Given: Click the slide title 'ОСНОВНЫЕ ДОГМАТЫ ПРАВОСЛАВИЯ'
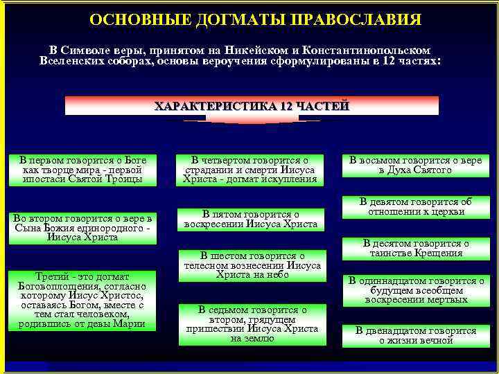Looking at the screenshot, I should point(254,19).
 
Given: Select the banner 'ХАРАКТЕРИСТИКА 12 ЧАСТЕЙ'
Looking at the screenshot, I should point(252,106).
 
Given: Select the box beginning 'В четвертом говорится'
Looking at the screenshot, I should point(249,170).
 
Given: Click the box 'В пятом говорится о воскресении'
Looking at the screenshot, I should point(249,220).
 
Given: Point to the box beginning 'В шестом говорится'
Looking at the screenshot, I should point(249,265).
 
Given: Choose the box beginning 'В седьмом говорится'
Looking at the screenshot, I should point(249,324).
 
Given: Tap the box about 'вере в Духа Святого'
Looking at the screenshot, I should point(415,166).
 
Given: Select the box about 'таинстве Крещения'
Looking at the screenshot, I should point(415,248).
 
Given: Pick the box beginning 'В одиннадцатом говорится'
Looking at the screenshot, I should point(415,290).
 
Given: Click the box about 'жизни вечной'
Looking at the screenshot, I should point(415,335).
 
